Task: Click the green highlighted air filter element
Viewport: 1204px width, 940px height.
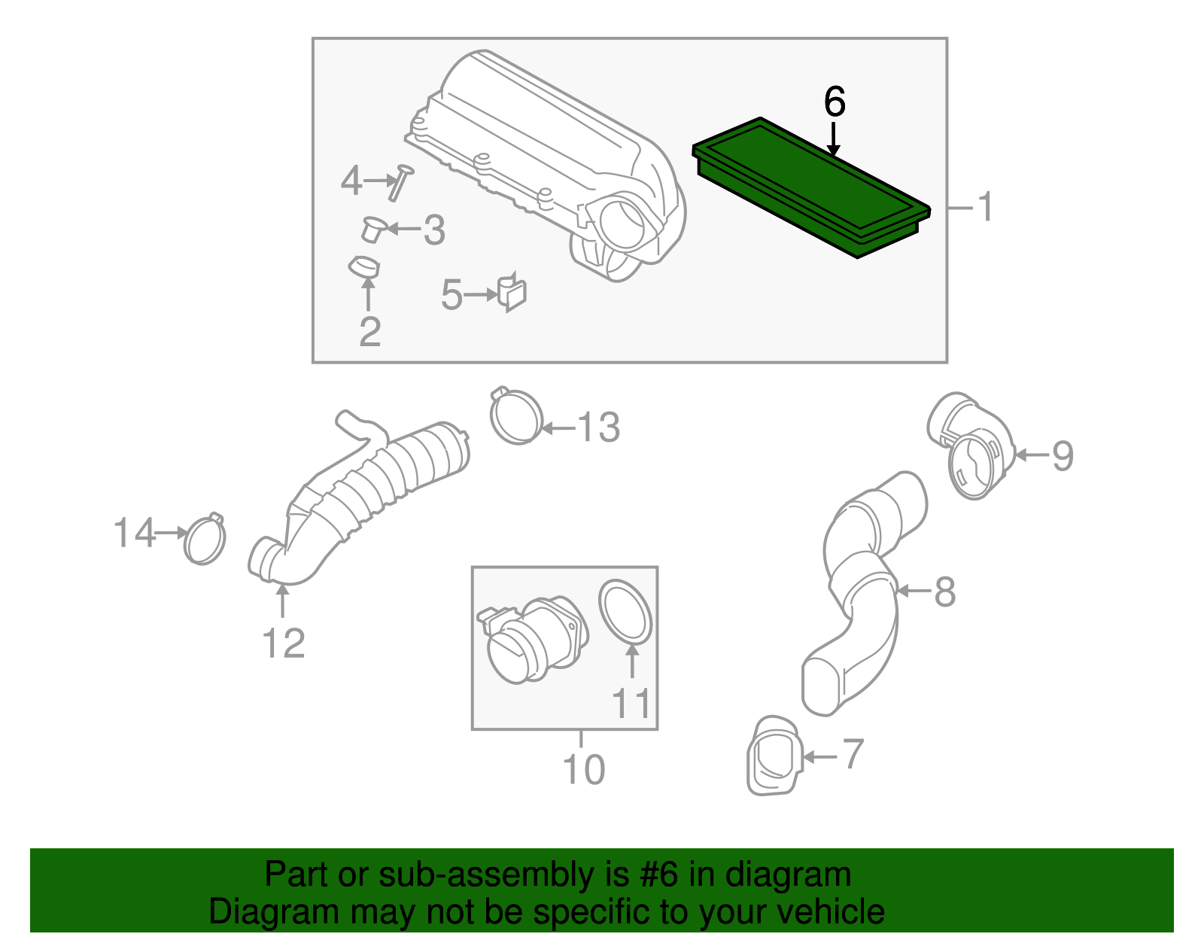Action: [x=811, y=187]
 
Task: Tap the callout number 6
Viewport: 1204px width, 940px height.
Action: [x=835, y=102]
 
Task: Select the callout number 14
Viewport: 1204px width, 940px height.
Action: [x=134, y=532]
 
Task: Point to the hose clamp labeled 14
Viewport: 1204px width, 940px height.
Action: [x=205, y=538]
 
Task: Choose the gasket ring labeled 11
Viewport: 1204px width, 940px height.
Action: [x=625, y=613]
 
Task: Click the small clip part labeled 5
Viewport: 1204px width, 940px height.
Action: [x=512, y=292]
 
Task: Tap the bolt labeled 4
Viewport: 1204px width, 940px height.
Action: [x=400, y=182]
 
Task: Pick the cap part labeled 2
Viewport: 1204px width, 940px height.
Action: [x=364, y=266]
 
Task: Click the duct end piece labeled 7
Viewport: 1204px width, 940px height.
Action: [x=774, y=756]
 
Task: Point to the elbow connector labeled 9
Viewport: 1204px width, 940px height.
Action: [x=971, y=446]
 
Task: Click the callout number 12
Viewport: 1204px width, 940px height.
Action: [x=283, y=643]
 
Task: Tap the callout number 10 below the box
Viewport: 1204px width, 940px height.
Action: [x=583, y=769]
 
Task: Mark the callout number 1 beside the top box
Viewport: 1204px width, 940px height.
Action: [x=985, y=206]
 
